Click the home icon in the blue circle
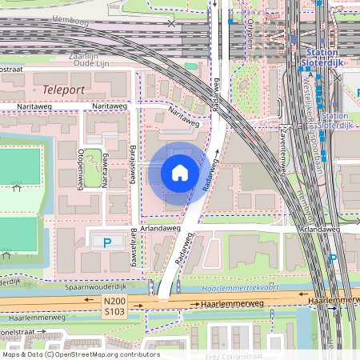coord(180,173)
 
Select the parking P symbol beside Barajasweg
coord(106,242)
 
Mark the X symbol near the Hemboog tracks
coord(170,23)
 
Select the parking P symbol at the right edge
coord(333,258)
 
